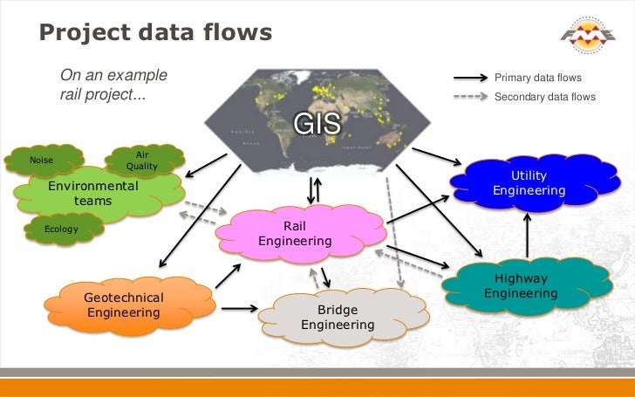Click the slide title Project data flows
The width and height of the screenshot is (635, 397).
[156, 32]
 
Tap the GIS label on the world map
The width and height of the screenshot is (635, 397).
[317, 125]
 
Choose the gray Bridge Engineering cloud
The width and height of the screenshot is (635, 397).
[337, 318]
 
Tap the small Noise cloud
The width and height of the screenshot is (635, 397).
[41, 160]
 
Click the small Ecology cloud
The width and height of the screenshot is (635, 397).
[62, 229]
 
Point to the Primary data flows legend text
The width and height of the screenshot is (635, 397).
[537, 79]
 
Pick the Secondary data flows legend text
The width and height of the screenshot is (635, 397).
[544, 97]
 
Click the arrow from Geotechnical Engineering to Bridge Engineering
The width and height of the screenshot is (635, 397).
[239, 308]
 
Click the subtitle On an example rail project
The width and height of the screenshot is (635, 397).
[113, 85]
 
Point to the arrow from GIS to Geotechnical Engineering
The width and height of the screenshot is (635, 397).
[200, 210]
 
